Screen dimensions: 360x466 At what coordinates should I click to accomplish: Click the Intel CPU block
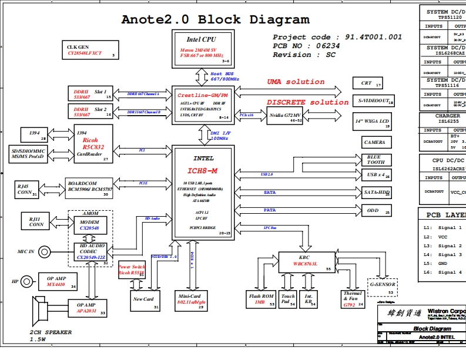tap(202, 47)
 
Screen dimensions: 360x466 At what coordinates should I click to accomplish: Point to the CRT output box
tap(367, 83)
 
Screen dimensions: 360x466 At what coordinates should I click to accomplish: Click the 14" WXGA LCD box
tap(373, 123)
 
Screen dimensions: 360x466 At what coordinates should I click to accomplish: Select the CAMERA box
tap(374, 142)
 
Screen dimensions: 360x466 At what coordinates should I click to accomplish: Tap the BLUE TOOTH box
tap(374, 159)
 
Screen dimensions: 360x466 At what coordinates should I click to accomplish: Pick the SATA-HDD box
tap(376, 192)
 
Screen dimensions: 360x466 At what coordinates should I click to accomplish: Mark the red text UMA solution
tap(296, 82)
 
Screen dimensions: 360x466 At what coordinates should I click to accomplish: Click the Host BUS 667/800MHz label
tap(224, 76)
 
